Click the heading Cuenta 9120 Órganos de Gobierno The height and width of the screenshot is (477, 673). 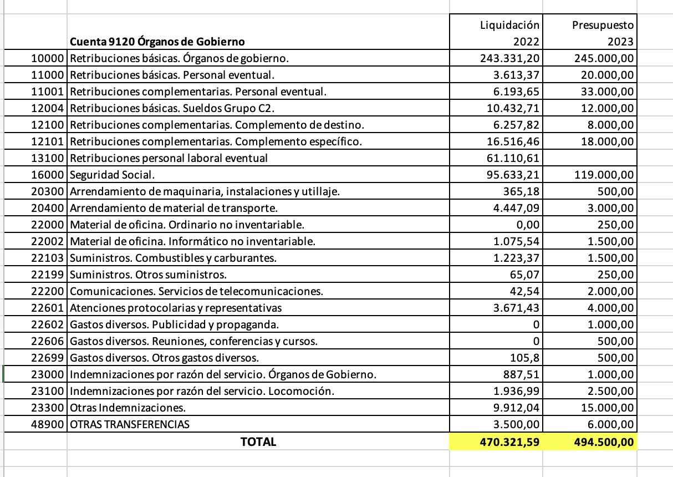tap(157, 41)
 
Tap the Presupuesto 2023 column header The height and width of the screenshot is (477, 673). tap(603, 33)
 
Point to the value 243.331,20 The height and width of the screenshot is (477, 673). tap(509, 58)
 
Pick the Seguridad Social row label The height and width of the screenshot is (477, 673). tap(112, 175)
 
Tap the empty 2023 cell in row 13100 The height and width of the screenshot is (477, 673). tap(590, 158)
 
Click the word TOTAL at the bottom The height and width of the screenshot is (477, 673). tap(258, 442)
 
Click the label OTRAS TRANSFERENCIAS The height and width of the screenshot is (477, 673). tap(130, 424)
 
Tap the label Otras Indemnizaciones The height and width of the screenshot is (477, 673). tap(128, 408)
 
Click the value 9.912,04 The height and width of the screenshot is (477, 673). tap(516, 408)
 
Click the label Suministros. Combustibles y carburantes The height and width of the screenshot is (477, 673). tap(173, 258)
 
